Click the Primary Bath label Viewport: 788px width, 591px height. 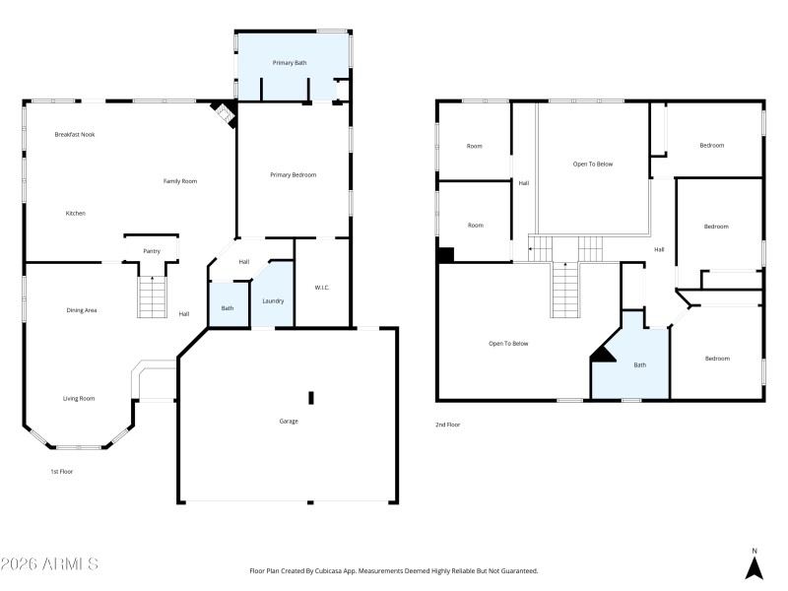click(x=290, y=63)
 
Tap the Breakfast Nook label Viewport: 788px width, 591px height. click(x=74, y=134)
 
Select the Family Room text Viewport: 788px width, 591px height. click(x=180, y=181)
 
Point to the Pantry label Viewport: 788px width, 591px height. click(x=152, y=251)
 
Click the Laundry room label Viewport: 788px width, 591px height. click(x=273, y=299)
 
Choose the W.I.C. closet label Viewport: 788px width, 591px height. click(x=322, y=288)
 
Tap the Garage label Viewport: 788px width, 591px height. click(x=288, y=421)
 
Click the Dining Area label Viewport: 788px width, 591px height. click(x=81, y=310)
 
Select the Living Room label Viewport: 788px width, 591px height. click(x=79, y=398)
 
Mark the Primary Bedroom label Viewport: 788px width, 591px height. click(x=294, y=174)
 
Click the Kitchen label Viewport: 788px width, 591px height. click(x=76, y=214)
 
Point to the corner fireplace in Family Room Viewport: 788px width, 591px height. click(x=226, y=114)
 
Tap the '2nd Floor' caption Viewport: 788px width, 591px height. click(x=447, y=425)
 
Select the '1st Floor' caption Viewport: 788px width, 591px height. click(x=62, y=472)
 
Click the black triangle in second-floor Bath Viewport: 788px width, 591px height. click(x=602, y=355)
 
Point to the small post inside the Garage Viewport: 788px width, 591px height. click(x=311, y=397)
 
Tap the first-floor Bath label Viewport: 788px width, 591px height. click(x=228, y=308)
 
